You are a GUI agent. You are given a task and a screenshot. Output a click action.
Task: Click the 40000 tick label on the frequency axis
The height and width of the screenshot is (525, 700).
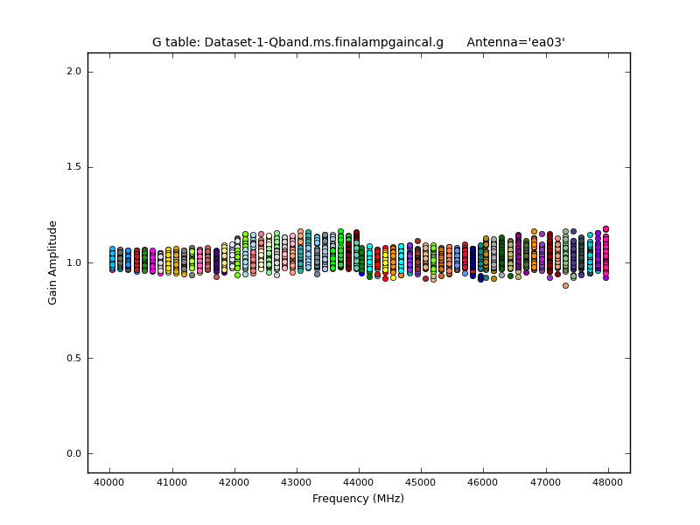[x=109, y=482]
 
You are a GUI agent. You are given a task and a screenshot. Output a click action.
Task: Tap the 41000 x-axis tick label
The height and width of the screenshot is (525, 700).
[x=171, y=482]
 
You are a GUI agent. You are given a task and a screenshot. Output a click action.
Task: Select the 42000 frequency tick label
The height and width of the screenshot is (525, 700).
[x=234, y=482]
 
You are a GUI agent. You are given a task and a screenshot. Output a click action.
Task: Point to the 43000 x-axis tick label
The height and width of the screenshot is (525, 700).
[x=297, y=482]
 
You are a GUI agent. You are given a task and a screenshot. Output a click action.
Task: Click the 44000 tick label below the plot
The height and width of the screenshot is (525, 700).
[x=359, y=482]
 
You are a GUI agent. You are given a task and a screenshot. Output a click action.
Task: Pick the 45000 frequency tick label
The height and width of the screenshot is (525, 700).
[x=421, y=482]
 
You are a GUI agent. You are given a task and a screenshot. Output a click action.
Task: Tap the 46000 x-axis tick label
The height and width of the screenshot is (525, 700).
[x=484, y=482]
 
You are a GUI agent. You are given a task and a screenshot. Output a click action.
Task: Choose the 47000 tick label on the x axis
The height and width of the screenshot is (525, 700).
[x=546, y=482]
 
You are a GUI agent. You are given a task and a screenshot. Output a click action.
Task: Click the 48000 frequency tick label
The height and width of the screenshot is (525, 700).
[x=608, y=482]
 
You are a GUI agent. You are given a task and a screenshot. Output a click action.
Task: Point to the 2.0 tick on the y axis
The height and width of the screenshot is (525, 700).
[x=73, y=72]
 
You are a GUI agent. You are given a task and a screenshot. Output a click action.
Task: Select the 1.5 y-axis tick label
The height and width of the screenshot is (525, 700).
[x=73, y=167]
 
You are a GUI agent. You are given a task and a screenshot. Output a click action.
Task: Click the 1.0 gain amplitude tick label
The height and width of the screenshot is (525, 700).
[x=73, y=262]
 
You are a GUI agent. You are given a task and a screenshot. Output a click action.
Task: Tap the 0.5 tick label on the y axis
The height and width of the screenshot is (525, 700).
[x=73, y=358]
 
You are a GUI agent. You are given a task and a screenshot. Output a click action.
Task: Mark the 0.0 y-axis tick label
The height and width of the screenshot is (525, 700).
[x=73, y=453]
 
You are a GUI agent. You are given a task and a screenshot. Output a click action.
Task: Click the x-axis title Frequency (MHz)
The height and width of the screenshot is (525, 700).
[x=358, y=499]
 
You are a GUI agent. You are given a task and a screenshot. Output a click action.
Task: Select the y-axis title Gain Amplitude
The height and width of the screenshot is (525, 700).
[x=53, y=262]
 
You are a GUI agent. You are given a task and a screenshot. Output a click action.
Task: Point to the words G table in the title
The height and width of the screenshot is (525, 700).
[x=174, y=42]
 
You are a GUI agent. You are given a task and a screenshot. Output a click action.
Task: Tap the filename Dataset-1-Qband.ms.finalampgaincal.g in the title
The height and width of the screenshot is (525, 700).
[x=324, y=42]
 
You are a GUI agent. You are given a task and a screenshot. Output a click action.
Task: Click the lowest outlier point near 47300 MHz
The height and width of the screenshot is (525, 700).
[x=565, y=285]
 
